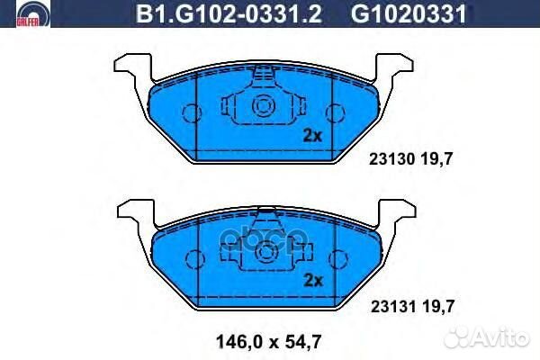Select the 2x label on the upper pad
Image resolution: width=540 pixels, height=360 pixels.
pos(312,136)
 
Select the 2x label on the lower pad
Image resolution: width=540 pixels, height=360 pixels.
pos(312,280)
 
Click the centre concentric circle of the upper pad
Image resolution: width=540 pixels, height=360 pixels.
pos(263,107)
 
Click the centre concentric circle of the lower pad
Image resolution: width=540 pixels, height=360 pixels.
pos(263,254)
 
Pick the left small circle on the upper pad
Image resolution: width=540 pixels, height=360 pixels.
pos(191,113)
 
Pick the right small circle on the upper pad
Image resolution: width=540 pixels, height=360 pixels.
pos(335,113)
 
